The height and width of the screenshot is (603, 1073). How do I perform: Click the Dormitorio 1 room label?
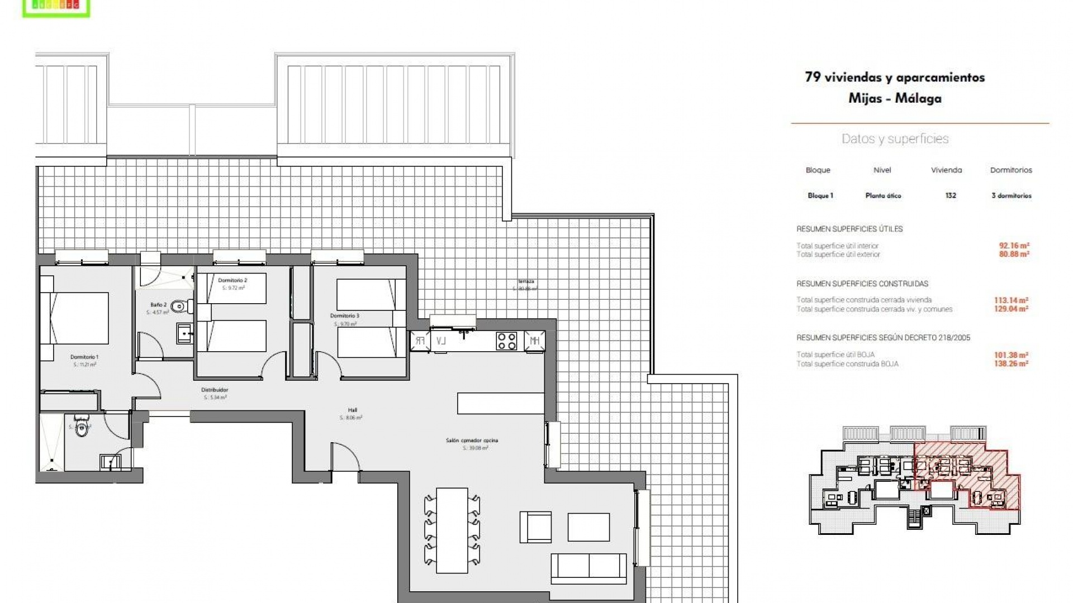[84, 357]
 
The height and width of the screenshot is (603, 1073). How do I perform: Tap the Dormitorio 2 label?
[232, 280]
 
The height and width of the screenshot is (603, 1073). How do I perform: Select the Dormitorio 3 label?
[344, 316]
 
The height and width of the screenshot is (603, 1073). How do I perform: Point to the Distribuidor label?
[215, 390]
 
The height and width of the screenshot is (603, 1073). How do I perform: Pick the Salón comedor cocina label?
[472, 441]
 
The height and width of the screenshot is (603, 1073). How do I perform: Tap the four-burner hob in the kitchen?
[506, 341]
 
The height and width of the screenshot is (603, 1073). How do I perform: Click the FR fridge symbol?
[420, 341]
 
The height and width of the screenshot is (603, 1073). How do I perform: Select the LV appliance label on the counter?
[441, 341]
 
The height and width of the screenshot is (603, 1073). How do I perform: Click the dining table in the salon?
[452, 530]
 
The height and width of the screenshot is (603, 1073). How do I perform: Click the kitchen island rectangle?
[500, 403]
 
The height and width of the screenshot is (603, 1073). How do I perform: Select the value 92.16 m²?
[1014, 245]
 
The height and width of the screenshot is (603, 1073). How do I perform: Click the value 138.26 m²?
[1014, 363]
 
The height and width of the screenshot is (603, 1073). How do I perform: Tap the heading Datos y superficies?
[895, 139]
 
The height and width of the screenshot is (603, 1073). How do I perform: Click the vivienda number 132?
[950, 195]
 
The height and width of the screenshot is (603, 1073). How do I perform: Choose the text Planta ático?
[883, 195]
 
